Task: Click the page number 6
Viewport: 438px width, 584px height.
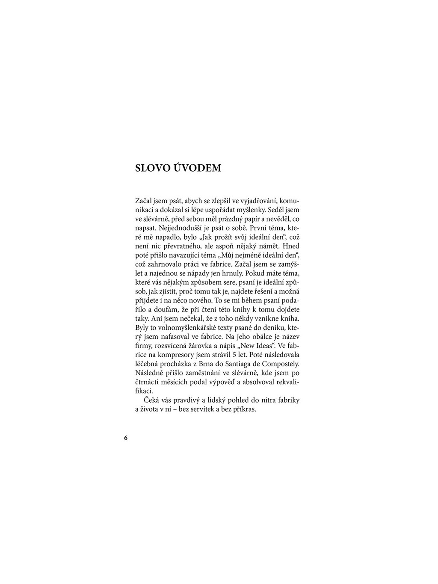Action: click(x=125, y=438)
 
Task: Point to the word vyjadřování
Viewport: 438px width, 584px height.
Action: click(x=260, y=201)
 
